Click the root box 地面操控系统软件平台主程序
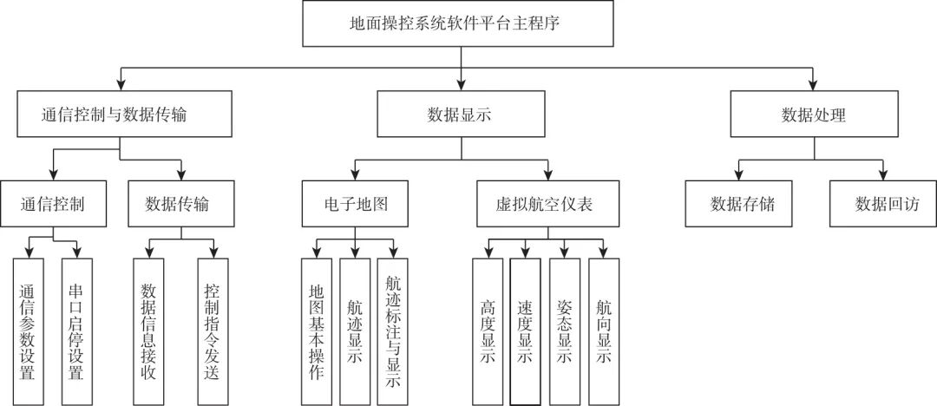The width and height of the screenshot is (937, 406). pyautogui.click(x=461, y=23)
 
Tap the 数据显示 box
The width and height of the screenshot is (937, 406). pyautogui.click(x=461, y=115)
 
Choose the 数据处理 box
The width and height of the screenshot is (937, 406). pyautogui.click(x=813, y=115)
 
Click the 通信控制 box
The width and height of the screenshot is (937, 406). pyautogui.click(x=54, y=204)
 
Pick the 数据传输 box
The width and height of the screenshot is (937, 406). pyautogui.click(x=180, y=204)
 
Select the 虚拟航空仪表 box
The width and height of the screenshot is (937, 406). pyautogui.click(x=548, y=204)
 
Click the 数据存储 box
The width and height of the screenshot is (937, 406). pyautogui.click(x=738, y=204)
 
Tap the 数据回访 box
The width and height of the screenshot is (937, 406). pyautogui.click(x=881, y=204)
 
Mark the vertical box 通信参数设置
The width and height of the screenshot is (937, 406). pyautogui.click(x=28, y=331)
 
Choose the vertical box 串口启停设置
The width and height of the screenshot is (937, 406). pyautogui.click(x=75, y=331)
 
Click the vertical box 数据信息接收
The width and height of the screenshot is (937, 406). pyautogui.click(x=149, y=331)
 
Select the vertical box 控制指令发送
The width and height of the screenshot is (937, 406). pyautogui.click(x=213, y=331)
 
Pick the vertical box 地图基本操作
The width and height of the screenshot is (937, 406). pyautogui.click(x=316, y=331)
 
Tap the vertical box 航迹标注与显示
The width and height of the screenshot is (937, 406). pyautogui.click(x=392, y=331)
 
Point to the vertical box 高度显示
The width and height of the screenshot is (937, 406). pyautogui.click(x=487, y=331)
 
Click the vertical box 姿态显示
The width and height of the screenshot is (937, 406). pyautogui.click(x=565, y=331)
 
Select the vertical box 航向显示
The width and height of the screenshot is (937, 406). pyautogui.click(x=604, y=331)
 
